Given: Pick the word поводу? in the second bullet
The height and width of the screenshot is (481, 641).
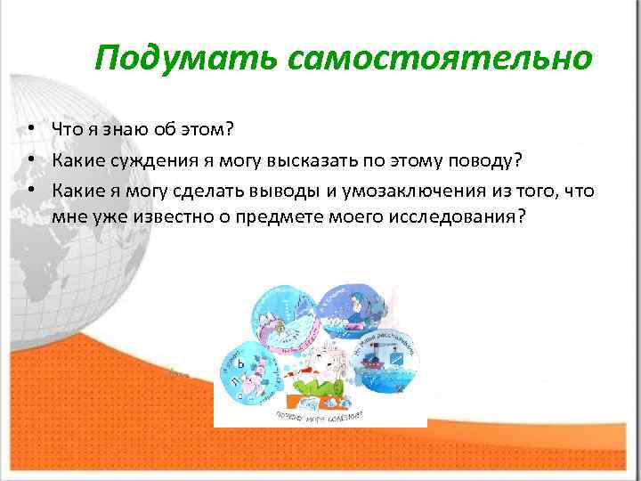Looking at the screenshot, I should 486,159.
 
